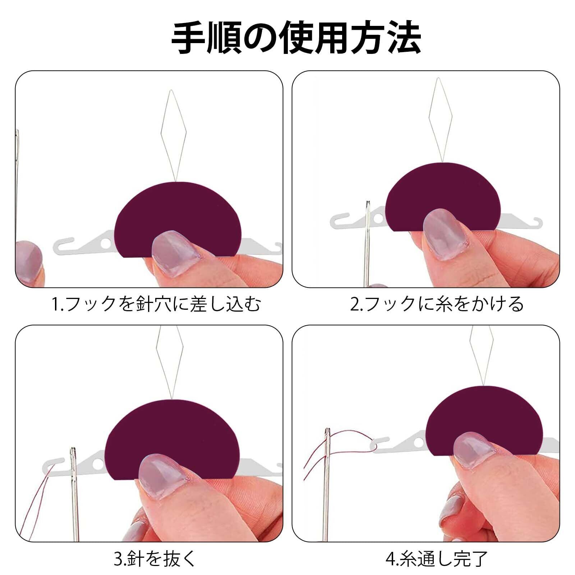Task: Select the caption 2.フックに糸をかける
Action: click(437, 304)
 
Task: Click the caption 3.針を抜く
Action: click(156, 558)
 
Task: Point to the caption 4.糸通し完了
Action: click(437, 558)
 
